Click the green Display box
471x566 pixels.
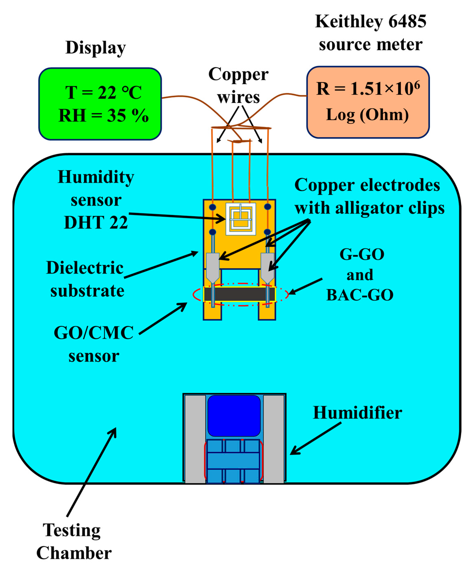point(100,104)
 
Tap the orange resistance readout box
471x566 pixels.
point(368,102)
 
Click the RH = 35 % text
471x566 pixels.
point(103,116)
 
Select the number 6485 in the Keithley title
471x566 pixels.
point(407,21)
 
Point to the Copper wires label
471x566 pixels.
point(238,85)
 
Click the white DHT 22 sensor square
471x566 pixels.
point(241,219)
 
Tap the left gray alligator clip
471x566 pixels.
point(213,267)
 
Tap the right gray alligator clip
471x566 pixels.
point(267,267)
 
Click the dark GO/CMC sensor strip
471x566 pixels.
point(240,294)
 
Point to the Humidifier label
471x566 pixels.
point(357,413)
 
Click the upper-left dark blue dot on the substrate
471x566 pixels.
point(213,207)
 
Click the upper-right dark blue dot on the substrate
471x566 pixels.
point(268,207)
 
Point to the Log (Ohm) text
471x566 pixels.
point(367,115)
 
